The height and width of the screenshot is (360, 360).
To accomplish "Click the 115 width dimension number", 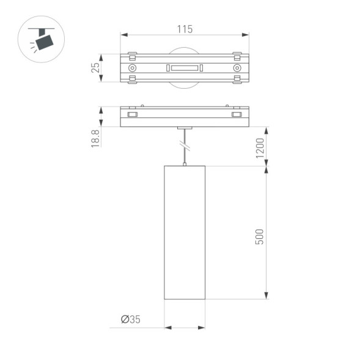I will [185, 29].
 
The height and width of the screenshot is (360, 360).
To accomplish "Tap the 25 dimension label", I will [95, 67].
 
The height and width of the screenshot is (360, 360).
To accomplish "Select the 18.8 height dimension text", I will [95, 138].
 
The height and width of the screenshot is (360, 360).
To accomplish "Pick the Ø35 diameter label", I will [130, 318].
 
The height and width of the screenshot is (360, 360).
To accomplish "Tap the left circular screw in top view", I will [132, 67].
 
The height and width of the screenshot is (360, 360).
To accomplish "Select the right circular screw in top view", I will [237, 67].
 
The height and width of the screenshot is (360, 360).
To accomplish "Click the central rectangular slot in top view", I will [184, 67].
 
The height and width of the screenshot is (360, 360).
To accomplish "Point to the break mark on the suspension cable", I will [185, 147].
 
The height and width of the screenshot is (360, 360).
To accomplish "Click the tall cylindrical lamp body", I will [185, 232].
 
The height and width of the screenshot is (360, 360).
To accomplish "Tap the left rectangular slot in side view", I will [131, 114].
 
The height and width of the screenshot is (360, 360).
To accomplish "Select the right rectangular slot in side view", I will [237, 114].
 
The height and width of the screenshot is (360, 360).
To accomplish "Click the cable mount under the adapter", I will [185, 129].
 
